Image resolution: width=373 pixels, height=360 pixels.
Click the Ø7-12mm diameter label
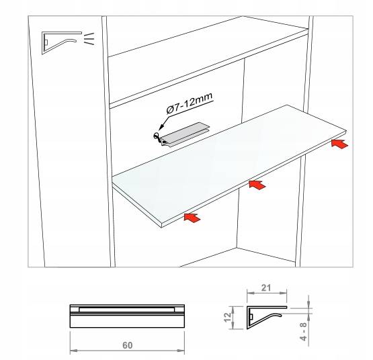tap(190, 104)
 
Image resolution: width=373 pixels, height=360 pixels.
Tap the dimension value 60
tap(127, 345)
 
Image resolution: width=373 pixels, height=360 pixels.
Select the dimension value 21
tap(266, 288)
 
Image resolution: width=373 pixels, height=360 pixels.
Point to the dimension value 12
tap(228, 318)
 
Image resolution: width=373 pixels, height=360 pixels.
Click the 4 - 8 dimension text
tap(304, 332)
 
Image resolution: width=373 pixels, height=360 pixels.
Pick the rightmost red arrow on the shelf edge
tap(339, 144)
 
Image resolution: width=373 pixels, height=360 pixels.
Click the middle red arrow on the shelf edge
tap(257, 185)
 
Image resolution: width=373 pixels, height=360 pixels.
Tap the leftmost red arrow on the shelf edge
tap(192, 218)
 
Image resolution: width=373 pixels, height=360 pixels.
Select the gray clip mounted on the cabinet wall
tap(185, 134)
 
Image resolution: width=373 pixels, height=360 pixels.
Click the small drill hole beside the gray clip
tap(156, 136)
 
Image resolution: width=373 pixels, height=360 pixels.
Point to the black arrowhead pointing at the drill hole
tap(161, 126)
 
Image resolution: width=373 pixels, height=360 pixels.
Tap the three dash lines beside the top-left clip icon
tap(89, 39)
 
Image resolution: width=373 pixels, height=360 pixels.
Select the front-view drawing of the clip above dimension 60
tap(127, 316)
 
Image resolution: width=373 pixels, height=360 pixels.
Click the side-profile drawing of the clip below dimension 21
tap(266, 318)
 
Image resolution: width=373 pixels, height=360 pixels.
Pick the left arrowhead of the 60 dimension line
tap(73, 351)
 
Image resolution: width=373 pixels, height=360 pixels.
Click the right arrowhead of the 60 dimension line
tap(181, 351)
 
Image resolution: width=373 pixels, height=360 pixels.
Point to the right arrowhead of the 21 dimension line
tap(284, 294)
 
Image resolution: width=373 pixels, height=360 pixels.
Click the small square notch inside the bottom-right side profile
tap(251, 317)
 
